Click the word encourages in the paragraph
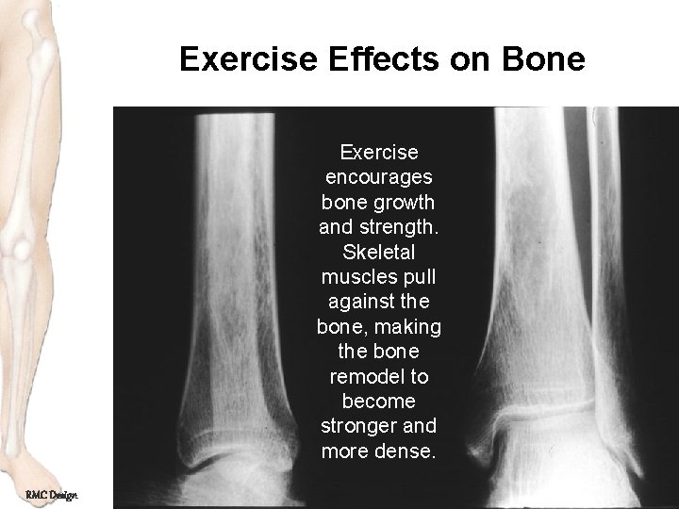coord(378,176)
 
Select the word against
coord(360,302)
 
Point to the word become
coord(378,401)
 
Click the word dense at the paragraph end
coord(407,451)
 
